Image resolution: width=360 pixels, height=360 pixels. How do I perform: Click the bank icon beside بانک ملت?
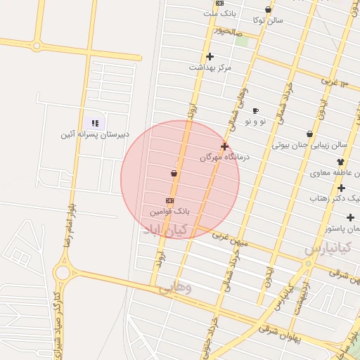click(220, 4)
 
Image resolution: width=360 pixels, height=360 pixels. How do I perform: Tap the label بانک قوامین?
click(170, 211)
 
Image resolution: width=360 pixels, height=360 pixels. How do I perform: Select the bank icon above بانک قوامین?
click(169, 200)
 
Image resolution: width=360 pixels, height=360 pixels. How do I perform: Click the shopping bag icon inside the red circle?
click(174, 173)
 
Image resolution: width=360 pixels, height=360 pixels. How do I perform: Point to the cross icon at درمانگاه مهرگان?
click(224, 147)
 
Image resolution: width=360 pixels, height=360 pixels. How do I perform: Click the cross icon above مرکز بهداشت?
click(210, 56)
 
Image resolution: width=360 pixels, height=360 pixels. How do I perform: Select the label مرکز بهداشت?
click(210, 67)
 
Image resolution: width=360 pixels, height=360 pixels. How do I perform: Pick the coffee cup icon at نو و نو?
click(255, 110)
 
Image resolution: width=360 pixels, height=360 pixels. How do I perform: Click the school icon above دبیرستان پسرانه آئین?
click(95, 123)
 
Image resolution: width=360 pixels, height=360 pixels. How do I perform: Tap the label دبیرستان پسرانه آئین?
click(95, 134)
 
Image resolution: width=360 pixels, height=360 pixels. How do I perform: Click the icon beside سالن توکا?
click(269, 10)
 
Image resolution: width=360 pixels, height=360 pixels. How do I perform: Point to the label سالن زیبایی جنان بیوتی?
click(309, 145)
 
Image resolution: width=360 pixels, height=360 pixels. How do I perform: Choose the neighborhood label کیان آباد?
click(166, 230)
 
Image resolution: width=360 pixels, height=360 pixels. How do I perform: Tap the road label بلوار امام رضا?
click(70, 225)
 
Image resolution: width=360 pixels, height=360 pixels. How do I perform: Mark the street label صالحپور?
click(229, 32)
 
